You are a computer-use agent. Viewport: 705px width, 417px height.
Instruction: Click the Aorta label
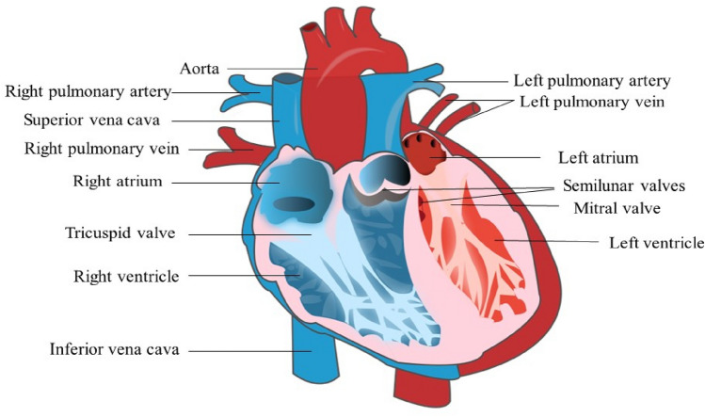click(x=200, y=69)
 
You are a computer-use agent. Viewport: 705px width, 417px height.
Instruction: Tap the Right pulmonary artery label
click(x=88, y=92)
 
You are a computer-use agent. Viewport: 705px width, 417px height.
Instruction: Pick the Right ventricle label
click(x=126, y=276)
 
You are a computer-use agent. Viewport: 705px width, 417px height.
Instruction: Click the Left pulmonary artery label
click(x=592, y=81)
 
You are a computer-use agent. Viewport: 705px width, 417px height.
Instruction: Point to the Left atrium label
click(x=598, y=157)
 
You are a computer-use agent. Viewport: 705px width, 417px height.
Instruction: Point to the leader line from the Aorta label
click(x=268, y=69)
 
